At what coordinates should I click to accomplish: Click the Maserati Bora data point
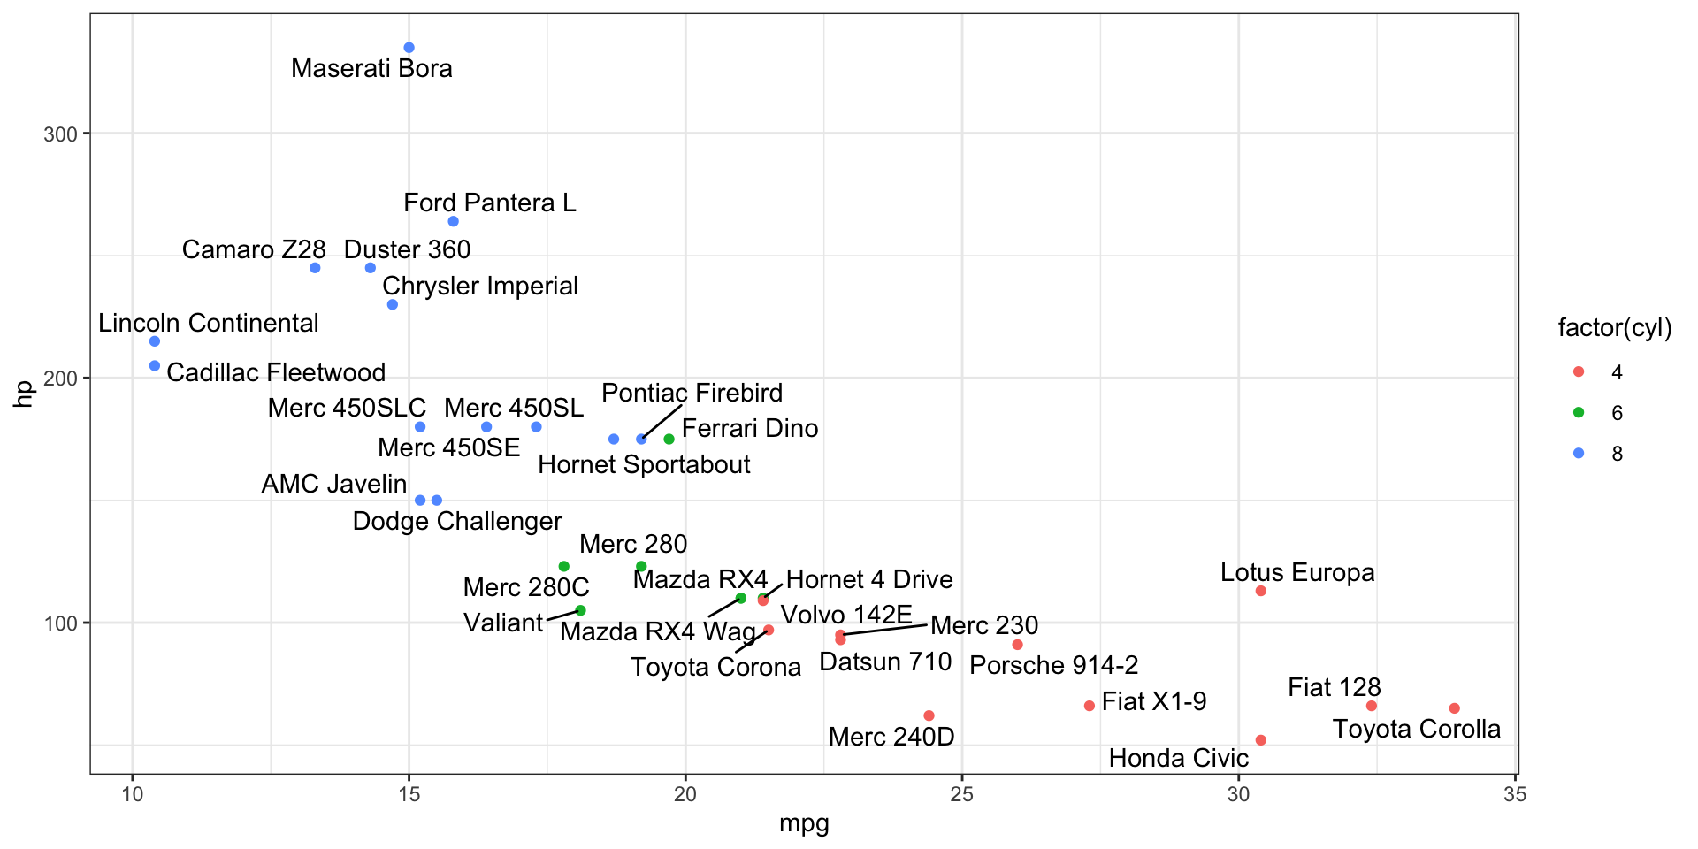pyautogui.click(x=409, y=48)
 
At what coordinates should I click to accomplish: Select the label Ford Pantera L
pyautogui.click(x=489, y=203)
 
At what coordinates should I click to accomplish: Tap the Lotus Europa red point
pyautogui.click(x=1260, y=591)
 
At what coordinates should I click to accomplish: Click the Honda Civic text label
pyautogui.click(x=1178, y=758)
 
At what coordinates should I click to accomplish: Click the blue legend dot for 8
pyautogui.click(x=1579, y=454)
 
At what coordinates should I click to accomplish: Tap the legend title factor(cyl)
pyautogui.click(x=1614, y=328)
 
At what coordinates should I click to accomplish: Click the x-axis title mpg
pyautogui.click(x=804, y=824)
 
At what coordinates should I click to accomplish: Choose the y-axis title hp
pyautogui.click(x=24, y=394)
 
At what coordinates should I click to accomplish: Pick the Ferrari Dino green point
pyautogui.click(x=669, y=440)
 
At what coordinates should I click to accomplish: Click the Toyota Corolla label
pyautogui.click(x=1416, y=729)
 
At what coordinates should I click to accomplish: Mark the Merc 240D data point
pyautogui.click(x=929, y=715)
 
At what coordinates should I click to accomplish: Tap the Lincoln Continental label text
pyautogui.click(x=208, y=324)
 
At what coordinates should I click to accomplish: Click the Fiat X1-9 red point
pyautogui.click(x=1089, y=706)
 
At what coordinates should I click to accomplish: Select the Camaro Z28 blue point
pyautogui.click(x=315, y=268)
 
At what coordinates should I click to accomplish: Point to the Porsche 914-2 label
pyautogui.click(x=1053, y=665)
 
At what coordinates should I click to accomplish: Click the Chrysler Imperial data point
pyautogui.click(x=393, y=305)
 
